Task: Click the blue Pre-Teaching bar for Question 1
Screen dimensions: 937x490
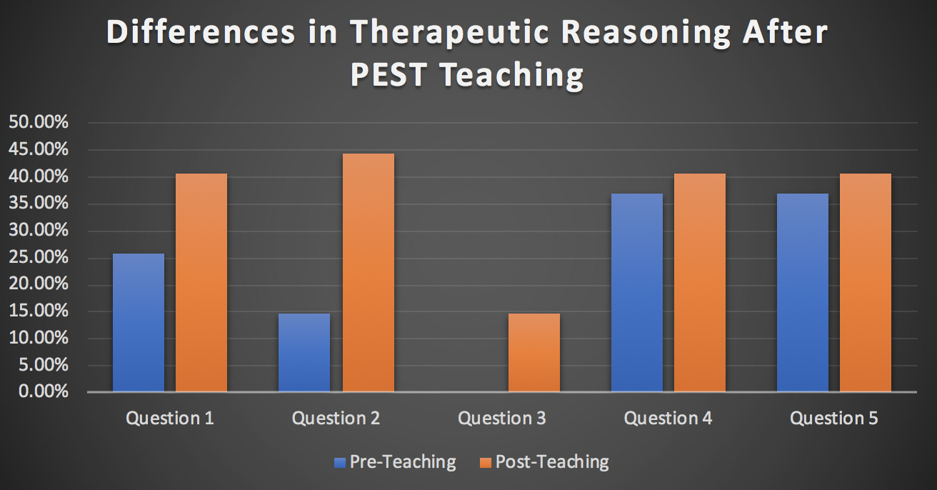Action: tap(139, 323)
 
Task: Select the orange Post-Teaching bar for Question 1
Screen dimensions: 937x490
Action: tap(201, 282)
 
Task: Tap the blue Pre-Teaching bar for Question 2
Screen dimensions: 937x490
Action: tap(304, 353)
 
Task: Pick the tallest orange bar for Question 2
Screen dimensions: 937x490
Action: tap(368, 273)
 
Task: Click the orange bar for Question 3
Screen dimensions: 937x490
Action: tap(533, 353)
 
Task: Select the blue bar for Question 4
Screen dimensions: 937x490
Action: tap(636, 292)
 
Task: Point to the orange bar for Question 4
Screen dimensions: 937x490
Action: tap(700, 282)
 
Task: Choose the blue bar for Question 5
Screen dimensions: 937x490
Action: tap(802, 292)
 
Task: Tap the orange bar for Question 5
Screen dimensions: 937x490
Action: tap(866, 282)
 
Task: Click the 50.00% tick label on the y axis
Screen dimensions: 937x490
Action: tap(38, 122)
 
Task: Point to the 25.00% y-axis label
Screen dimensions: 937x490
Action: tap(38, 257)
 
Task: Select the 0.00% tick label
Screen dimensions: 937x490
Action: tap(43, 391)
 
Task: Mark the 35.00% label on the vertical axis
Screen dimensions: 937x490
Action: tap(38, 203)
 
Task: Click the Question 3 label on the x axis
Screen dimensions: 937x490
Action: tap(502, 419)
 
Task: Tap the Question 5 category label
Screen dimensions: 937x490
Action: tap(833, 419)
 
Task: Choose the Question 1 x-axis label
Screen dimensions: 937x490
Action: tap(170, 419)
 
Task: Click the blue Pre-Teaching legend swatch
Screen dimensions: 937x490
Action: tap(340, 462)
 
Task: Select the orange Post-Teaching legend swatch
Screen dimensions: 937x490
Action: tap(485, 462)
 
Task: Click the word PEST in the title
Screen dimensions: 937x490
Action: tap(389, 75)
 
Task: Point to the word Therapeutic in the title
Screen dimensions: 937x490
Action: tap(449, 33)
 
